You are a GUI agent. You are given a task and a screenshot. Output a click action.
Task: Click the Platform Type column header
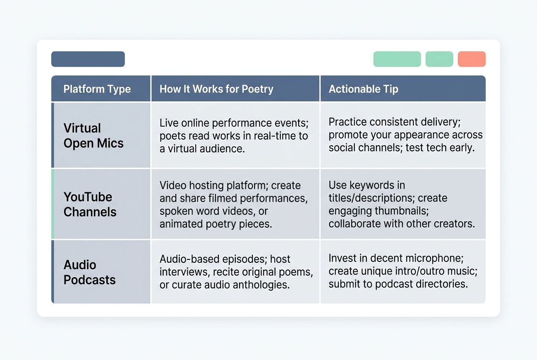click(97, 89)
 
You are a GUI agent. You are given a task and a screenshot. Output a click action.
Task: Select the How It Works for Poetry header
click(216, 89)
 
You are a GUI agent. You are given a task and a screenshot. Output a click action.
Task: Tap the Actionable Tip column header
click(363, 89)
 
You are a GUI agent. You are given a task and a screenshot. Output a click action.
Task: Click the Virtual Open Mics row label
click(93, 135)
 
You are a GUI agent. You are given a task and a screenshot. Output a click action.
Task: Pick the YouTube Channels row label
click(90, 204)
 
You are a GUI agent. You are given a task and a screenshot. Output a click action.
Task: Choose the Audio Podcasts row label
click(89, 272)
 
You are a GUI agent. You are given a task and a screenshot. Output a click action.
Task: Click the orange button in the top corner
click(472, 59)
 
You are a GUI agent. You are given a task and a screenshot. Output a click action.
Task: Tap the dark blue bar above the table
click(88, 59)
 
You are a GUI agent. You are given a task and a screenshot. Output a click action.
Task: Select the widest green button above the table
click(397, 59)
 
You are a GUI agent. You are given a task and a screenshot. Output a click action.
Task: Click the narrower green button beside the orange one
click(439, 59)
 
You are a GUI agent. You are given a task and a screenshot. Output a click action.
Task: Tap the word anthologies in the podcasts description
click(264, 285)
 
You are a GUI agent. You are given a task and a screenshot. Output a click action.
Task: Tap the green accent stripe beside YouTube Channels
click(53, 204)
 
